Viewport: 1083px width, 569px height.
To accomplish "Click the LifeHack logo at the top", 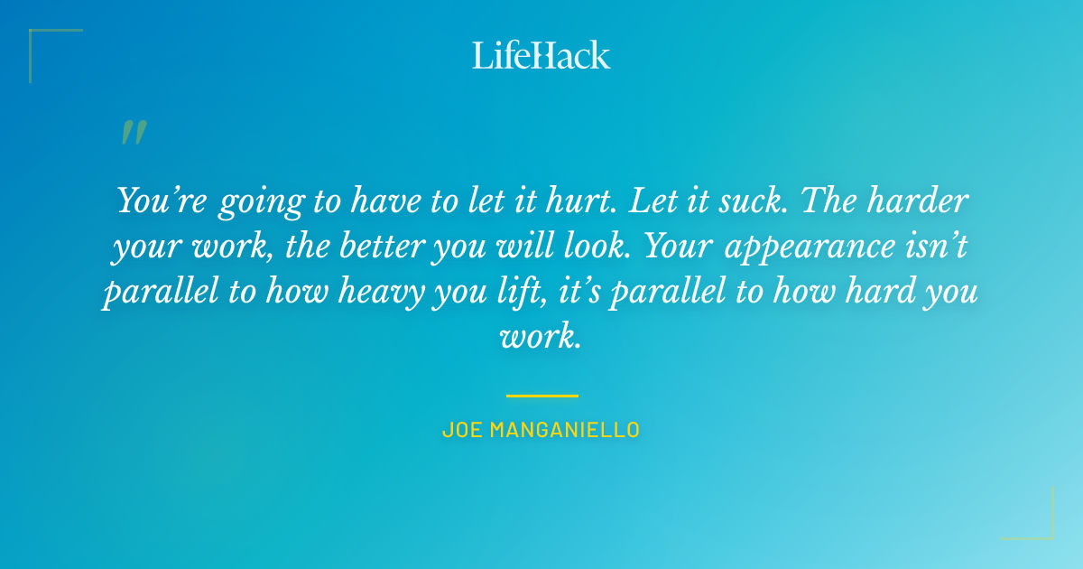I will pyautogui.click(x=541, y=55).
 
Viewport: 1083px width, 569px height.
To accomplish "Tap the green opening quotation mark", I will pyautogui.click(x=133, y=133).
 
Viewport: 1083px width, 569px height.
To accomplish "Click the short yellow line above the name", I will pyautogui.click(x=541, y=396).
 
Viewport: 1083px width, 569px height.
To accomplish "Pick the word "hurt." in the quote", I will pyautogui.click(x=577, y=201).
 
